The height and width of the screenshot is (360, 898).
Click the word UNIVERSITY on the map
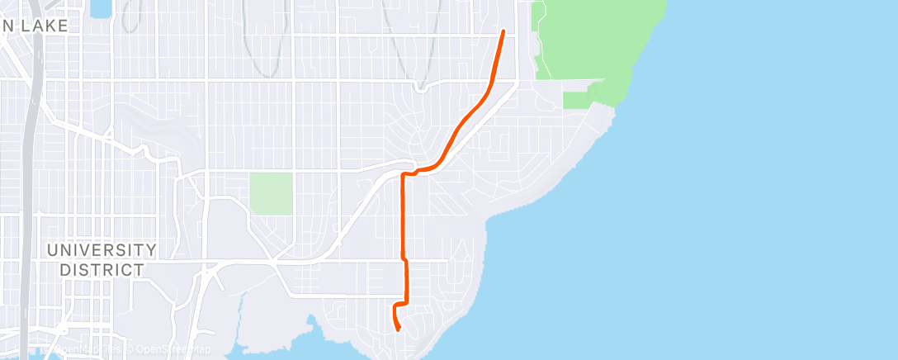[102, 249]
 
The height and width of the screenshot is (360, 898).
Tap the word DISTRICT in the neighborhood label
[102, 269]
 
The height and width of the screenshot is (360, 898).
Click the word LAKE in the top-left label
[46, 26]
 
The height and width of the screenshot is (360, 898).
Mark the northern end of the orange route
[503, 31]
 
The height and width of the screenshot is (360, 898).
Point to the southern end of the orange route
[399, 330]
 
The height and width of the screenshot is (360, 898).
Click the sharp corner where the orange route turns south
[403, 175]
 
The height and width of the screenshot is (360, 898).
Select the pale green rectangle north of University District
[272, 194]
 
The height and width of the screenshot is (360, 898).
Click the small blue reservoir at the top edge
[101, 8]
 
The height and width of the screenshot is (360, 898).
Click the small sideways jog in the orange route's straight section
[404, 259]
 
